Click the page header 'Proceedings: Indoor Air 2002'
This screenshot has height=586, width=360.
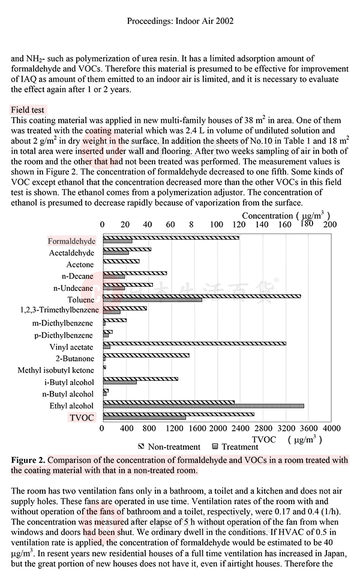point(180,21)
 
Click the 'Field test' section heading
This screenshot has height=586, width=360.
point(28,110)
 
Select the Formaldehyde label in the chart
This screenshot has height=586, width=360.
point(71,241)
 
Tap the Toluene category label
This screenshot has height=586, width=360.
point(80,300)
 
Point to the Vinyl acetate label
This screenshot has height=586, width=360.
point(71,347)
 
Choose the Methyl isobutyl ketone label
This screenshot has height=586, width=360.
point(56,371)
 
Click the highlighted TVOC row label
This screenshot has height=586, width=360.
point(83,417)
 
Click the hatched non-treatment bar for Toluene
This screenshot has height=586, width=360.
point(202,296)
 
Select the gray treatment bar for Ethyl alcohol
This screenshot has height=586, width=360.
point(203,406)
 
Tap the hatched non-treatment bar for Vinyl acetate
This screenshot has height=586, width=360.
point(194,344)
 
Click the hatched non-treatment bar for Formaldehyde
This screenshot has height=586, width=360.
point(171,238)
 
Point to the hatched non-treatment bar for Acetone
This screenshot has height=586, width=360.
point(121,262)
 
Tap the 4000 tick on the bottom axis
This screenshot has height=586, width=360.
point(331,429)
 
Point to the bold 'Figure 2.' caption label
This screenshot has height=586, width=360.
point(28,461)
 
